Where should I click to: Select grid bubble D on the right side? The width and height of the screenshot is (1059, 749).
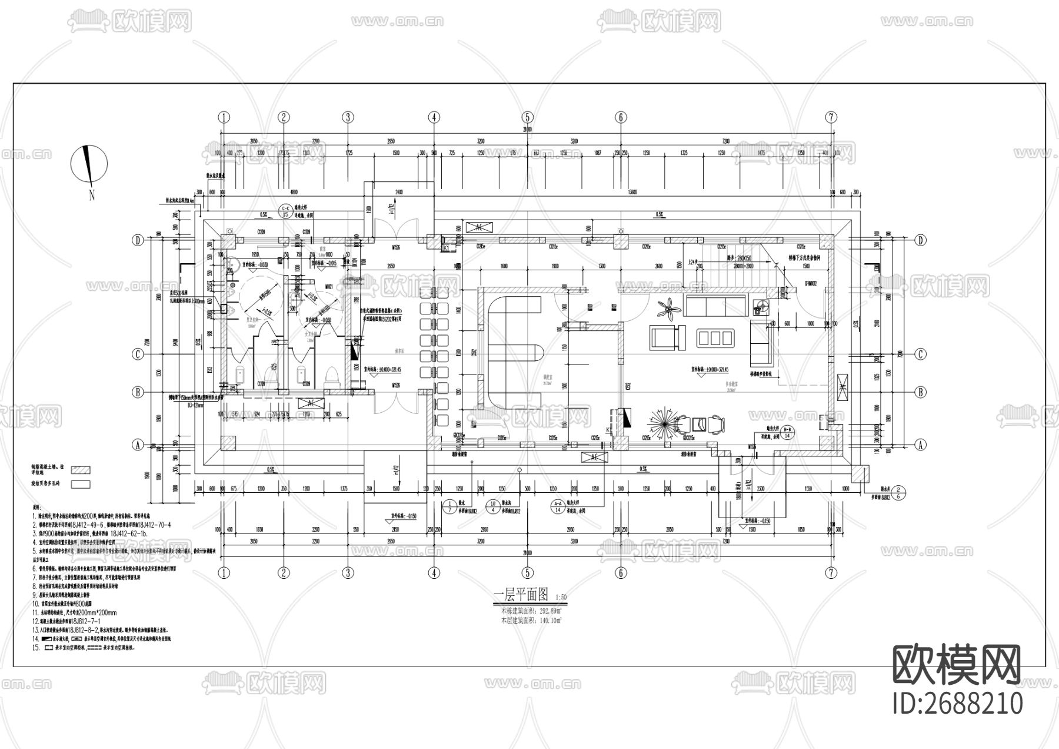pyautogui.click(x=921, y=240)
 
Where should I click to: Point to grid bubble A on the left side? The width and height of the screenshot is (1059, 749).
pyautogui.click(x=138, y=445)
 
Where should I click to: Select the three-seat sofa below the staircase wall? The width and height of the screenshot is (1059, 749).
pyautogui.click(x=715, y=305)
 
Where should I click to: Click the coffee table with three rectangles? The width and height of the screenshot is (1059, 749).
pyautogui.click(x=715, y=337)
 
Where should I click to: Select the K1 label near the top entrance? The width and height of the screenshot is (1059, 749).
pyautogui.click(x=445, y=249)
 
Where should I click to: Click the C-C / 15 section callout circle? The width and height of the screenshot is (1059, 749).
pyautogui.click(x=286, y=212)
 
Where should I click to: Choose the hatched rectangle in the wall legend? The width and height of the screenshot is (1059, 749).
pyautogui.click(x=81, y=470)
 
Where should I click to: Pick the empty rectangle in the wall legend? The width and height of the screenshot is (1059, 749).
pyautogui.click(x=81, y=485)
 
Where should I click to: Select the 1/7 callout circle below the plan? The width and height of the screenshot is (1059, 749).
pyautogui.click(x=449, y=508)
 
